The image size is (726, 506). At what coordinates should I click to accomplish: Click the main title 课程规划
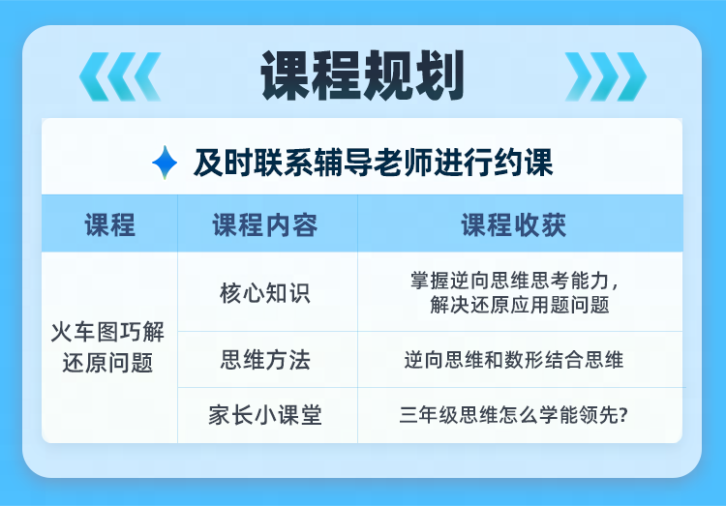pos(363,75)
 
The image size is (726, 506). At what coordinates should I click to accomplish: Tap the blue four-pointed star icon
pos(165,163)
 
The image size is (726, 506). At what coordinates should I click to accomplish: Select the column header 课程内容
pos(265,225)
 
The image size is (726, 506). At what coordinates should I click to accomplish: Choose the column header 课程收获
pos(514,225)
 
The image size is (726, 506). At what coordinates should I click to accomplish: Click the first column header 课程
pos(109,225)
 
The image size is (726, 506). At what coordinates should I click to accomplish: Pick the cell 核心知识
pos(265,293)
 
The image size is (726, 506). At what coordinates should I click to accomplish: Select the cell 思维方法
pos(265,360)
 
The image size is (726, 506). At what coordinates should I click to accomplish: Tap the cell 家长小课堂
pos(265,415)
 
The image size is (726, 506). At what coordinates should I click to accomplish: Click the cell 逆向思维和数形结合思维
pos(514,360)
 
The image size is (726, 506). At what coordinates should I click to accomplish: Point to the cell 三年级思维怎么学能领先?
pos(514,415)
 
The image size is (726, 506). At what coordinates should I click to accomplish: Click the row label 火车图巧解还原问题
pos(107,347)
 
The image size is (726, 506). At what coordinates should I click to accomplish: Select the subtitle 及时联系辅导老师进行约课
pos(374,163)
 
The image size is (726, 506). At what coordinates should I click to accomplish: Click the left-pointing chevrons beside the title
pos(120,76)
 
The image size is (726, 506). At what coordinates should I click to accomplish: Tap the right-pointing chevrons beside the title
pos(606,76)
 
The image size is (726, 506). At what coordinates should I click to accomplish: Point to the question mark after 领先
pos(623,415)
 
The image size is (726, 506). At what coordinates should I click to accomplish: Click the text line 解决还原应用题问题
pos(520,305)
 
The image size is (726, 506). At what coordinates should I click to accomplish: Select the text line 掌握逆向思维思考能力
pos(509,281)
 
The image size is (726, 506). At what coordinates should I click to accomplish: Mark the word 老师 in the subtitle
pos(403,163)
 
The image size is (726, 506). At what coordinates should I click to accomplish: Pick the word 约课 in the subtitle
pos(523,163)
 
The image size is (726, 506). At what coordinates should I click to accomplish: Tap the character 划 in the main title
pos(439,75)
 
